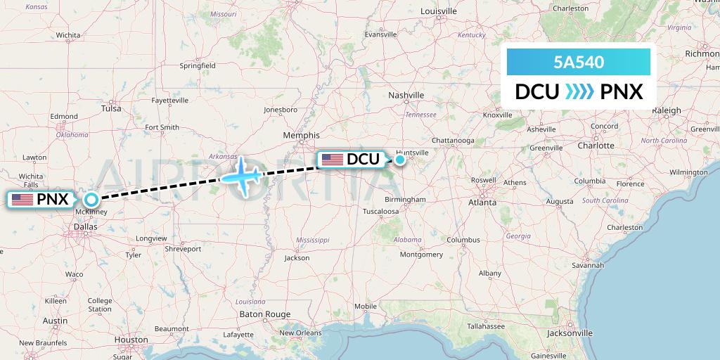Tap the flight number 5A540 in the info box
579,62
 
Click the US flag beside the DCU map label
332,160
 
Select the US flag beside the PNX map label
22,200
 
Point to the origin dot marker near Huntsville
399,160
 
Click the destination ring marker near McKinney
91,200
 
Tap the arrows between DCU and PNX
579,92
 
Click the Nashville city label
407,95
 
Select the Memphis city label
302,135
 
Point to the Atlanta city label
482,202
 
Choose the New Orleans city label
300,333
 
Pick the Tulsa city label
111,108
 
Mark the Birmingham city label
405,200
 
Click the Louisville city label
439,11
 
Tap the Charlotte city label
596,146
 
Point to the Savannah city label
588,265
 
